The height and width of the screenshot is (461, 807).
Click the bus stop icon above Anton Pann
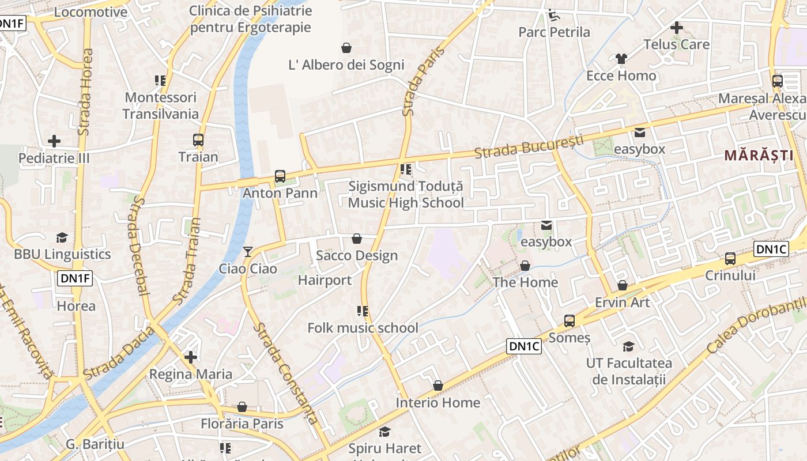pos(280,176)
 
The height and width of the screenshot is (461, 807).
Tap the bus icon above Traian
pos(198,140)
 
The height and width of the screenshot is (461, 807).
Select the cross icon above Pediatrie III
pos(54,141)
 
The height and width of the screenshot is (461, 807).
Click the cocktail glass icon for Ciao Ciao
pos(248,252)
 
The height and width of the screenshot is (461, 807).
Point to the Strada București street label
pos(529,146)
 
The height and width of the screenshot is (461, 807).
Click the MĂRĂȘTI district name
pos(759,155)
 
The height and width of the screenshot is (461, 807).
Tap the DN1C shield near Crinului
pos(771,249)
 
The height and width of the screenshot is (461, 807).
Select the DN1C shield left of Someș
pos(524,346)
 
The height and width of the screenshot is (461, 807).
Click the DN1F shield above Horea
pos(76,279)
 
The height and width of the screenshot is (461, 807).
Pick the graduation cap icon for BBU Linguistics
pos(62,237)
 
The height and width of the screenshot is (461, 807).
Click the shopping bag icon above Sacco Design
pos(357,239)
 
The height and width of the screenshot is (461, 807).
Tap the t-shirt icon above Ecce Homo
pos(621,59)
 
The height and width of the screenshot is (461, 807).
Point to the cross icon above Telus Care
pos(677,27)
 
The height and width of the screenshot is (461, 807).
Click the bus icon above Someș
pos(570,321)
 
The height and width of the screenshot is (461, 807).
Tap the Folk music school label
pos(363,328)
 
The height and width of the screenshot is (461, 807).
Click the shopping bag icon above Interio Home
pos(438,386)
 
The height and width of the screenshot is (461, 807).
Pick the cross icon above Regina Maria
pos(191,357)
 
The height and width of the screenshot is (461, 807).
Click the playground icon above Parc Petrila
pos(553,14)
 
